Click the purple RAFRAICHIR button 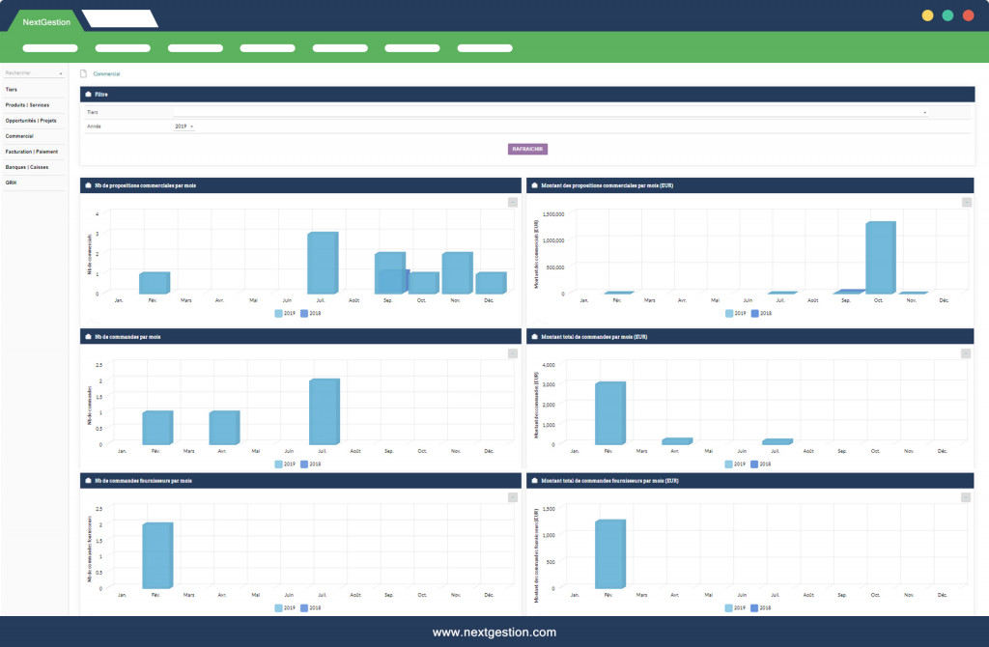point(528,149)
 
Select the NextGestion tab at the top point(46,21)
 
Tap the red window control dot point(968,15)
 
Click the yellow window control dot point(927,15)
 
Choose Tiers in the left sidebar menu point(12,89)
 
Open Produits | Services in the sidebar point(27,104)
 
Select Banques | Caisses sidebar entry point(26,167)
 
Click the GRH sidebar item point(11,183)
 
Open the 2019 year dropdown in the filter point(184,127)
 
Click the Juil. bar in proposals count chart point(323,263)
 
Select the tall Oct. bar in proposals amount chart point(880,257)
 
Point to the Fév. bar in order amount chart point(609,412)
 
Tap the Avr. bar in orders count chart point(223,427)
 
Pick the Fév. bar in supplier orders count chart point(156,555)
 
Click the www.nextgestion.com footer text point(494,633)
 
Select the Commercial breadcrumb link point(106,73)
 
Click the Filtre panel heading point(101,95)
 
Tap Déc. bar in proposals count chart point(491,282)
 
